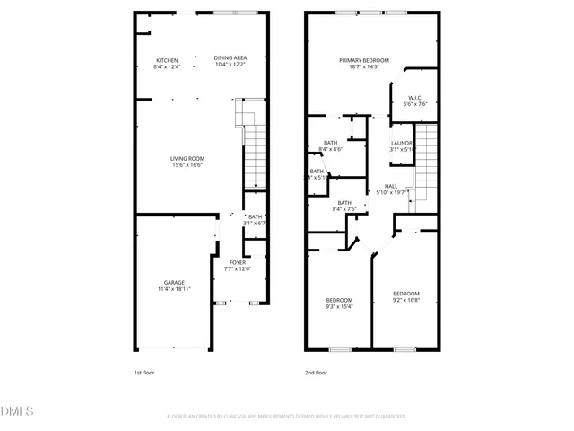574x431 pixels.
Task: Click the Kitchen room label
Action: pyautogui.click(x=168, y=63)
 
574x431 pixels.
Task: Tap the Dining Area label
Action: pyautogui.click(x=230, y=61)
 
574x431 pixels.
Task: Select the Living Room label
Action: pyautogui.click(x=187, y=162)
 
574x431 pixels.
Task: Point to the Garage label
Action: pyautogui.click(x=174, y=286)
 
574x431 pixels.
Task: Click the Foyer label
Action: pyautogui.click(x=237, y=265)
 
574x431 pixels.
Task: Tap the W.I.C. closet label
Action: pyautogui.click(x=415, y=101)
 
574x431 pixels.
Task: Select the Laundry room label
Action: pyautogui.click(x=402, y=146)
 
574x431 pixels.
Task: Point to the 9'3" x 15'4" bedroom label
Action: pyautogui.click(x=339, y=303)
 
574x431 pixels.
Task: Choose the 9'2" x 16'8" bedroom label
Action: pyautogui.click(x=405, y=297)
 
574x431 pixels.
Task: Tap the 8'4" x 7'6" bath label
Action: pyautogui.click(x=344, y=206)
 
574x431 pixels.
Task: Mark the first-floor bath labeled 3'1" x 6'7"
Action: pyautogui.click(x=255, y=219)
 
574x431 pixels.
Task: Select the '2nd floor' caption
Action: pyautogui.click(x=316, y=372)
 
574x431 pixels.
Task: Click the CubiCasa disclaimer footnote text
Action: pyautogui.click(x=287, y=417)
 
